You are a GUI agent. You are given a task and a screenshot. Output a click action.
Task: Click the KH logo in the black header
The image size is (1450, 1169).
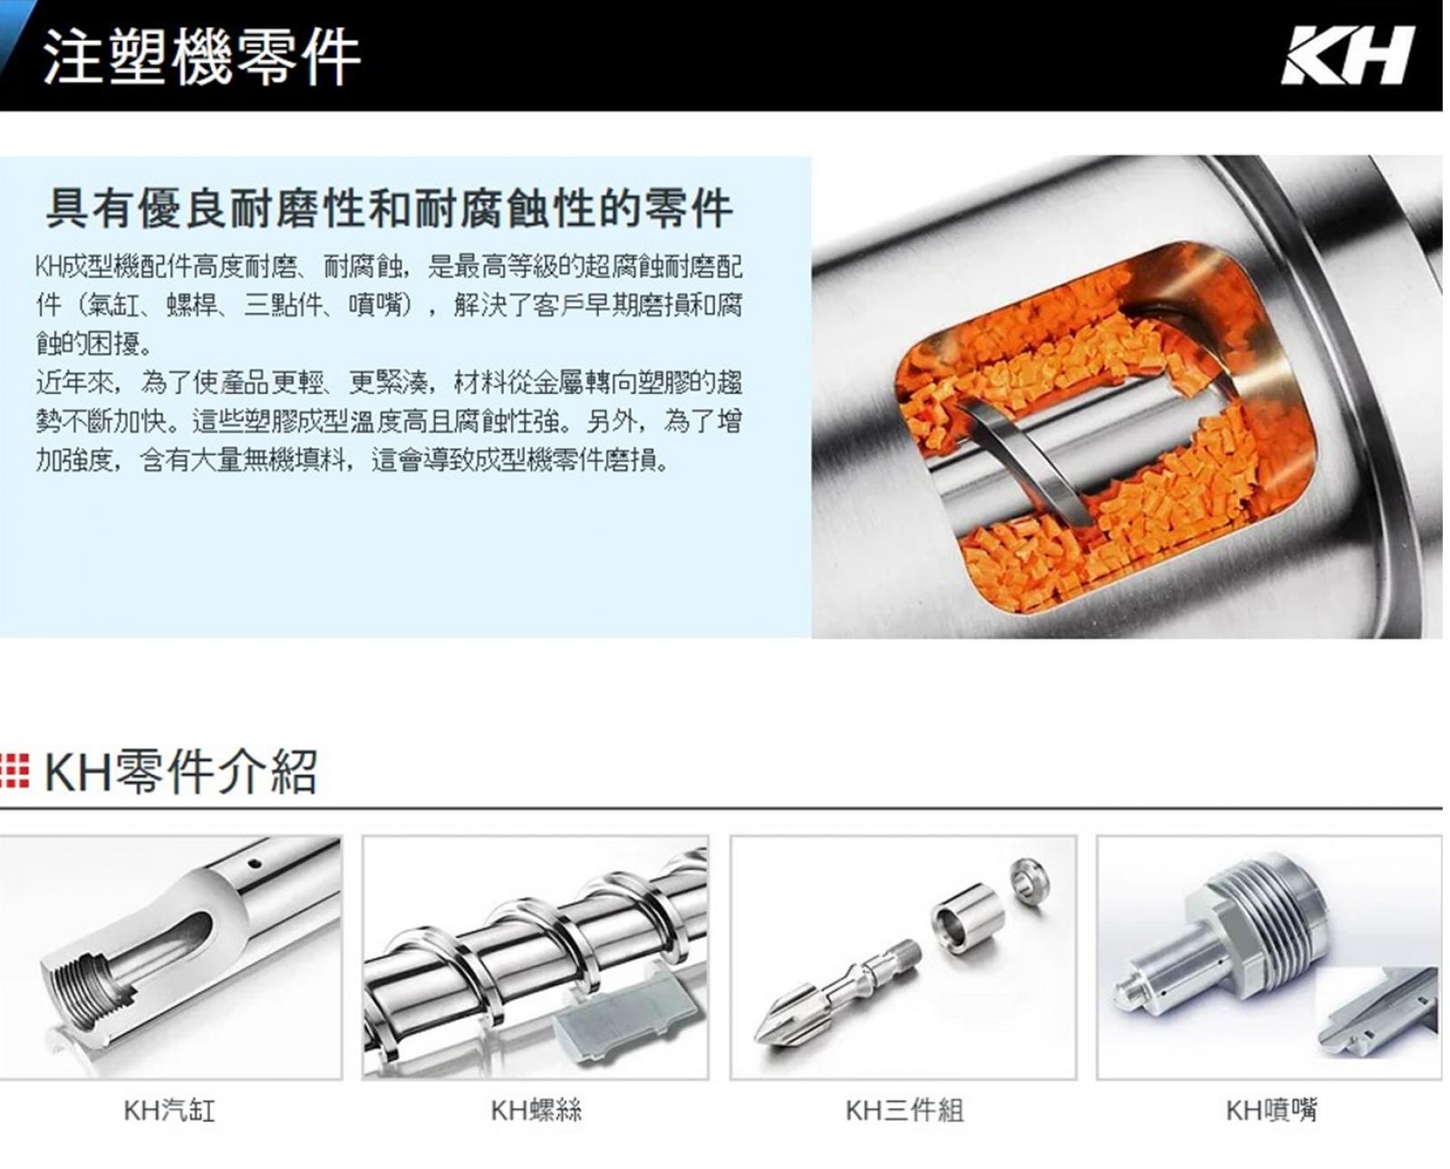point(1347,55)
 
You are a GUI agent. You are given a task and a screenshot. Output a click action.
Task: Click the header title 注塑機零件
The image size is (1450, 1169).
point(202,56)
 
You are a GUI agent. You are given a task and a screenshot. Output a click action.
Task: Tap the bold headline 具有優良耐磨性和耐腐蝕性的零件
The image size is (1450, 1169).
point(389,208)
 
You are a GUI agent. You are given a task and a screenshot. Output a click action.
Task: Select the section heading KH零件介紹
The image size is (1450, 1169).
point(180,771)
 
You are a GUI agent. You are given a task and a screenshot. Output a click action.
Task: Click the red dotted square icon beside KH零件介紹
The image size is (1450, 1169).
point(14,772)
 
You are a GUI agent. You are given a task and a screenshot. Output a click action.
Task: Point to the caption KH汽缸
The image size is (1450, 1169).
point(169,1110)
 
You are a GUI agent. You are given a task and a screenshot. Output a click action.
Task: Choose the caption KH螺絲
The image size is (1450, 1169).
point(536,1110)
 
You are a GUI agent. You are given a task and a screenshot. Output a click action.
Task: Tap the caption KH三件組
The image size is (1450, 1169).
point(904,1110)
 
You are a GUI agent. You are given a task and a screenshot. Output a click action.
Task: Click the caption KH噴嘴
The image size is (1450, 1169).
point(1271,1110)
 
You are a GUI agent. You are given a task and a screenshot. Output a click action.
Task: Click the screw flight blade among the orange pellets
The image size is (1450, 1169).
point(1024,465)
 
